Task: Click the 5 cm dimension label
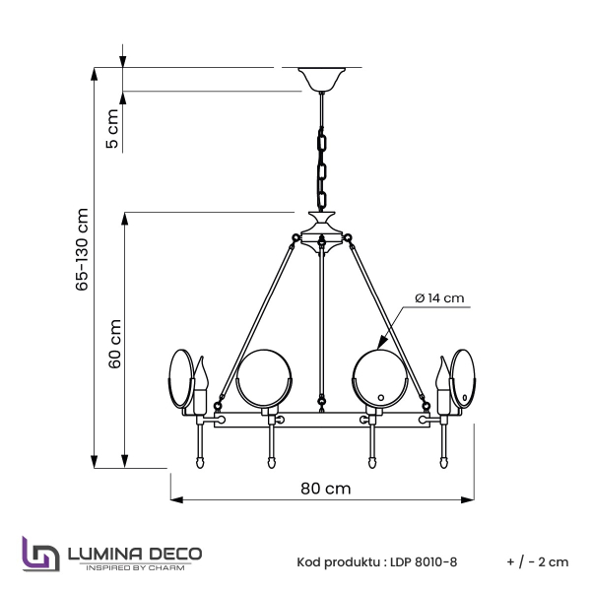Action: pos(112,129)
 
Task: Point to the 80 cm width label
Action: pos(325,489)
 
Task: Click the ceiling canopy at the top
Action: pos(321,78)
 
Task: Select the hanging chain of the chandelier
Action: pos(321,167)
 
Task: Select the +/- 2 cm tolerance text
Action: pos(538,562)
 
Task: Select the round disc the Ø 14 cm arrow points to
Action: pos(378,378)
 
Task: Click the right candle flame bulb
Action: pos(440,378)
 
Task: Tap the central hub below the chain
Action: pos(321,235)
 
